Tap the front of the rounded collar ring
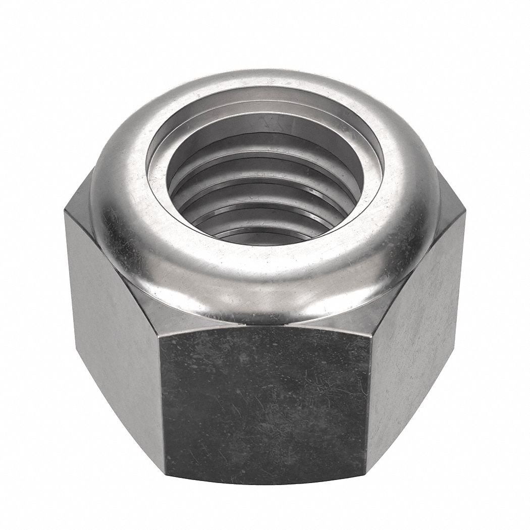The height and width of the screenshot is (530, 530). point(265,288)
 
